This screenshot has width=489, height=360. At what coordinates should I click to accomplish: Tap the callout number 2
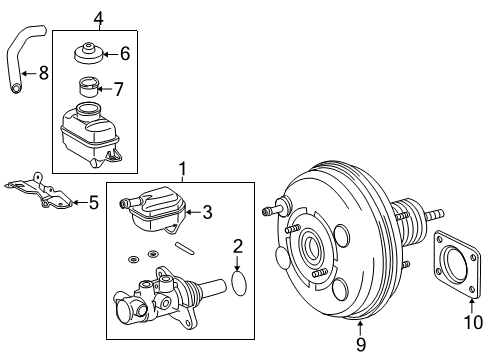click(x=238, y=245)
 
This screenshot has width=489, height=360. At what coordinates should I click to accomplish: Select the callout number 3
click(x=208, y=211)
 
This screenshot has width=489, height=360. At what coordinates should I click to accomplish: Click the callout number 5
click(x=93, y=203)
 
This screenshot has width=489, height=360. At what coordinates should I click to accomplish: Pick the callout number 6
click(x=124, y=54)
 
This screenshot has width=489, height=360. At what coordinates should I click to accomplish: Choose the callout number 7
click(x=118, y=89)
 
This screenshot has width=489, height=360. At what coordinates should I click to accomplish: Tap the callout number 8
click(x=43, y=72)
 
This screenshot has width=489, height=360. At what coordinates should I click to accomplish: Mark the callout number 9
click(x=361, y=344)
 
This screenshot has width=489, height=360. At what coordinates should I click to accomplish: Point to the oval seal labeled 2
click(x=239, y=283)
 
